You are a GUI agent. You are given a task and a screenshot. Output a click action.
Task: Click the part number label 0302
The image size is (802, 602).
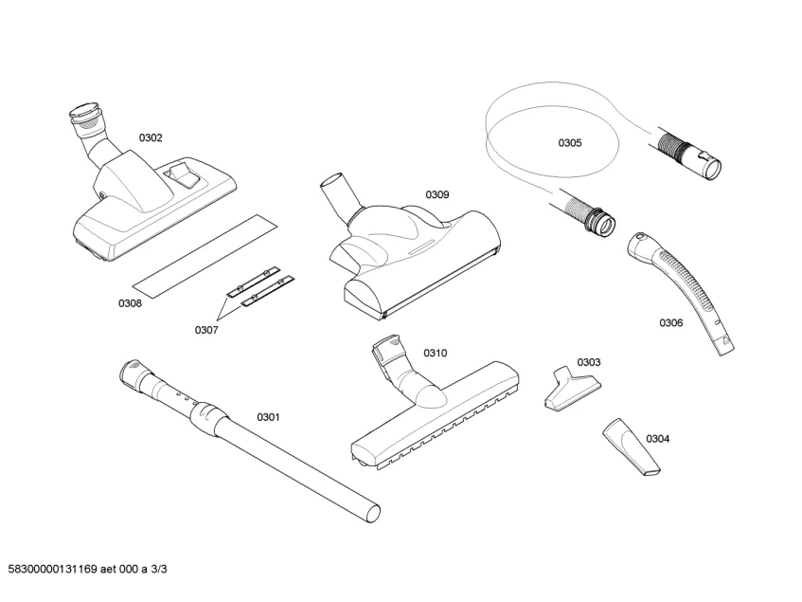[151, 137]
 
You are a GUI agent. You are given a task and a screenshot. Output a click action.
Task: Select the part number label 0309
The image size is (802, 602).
[437, 194]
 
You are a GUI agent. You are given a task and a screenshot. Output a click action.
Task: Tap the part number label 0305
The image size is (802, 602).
[569, 143]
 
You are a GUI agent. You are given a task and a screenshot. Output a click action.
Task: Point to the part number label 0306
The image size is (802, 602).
[670, 322]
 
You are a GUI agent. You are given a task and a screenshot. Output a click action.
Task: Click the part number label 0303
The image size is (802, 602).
[588, 361]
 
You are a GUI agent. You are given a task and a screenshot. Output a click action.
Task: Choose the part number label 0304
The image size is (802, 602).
[657, 439]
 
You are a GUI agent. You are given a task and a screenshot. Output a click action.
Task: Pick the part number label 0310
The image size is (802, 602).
[435, 353]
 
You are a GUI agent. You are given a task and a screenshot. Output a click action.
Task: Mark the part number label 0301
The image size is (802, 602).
[269, 416]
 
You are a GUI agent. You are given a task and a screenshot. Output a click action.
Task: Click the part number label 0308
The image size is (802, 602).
[130, 303]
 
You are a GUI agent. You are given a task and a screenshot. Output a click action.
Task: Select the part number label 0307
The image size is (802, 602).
[206, 330]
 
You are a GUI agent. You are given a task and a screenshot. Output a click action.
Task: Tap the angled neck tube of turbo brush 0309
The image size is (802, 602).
[339, 195]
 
